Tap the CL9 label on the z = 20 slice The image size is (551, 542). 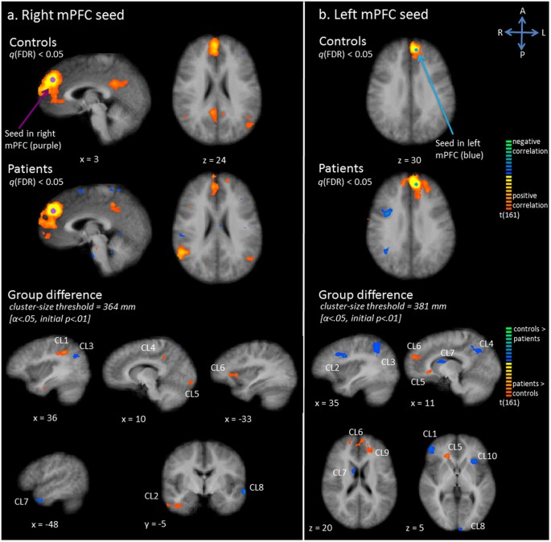tap(380, 453)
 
